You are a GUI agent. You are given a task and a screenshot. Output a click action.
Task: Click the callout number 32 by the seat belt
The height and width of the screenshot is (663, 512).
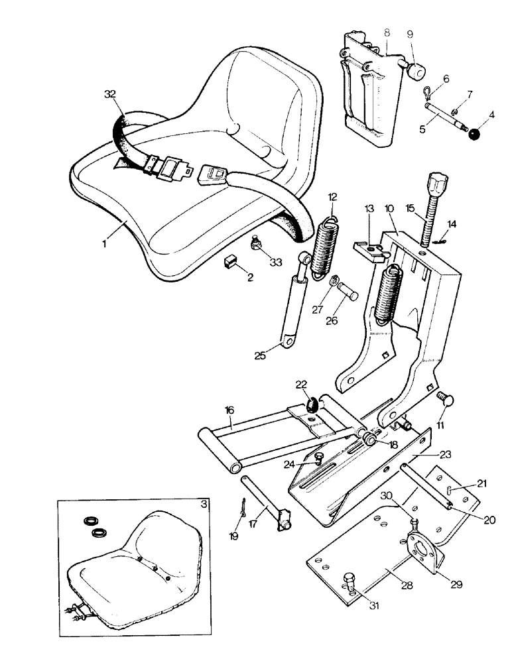[111, 95]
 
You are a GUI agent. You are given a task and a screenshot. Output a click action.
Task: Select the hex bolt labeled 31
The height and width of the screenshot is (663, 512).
[350, 585]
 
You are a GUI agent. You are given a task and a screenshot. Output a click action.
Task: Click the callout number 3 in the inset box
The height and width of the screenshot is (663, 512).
[203, 504]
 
